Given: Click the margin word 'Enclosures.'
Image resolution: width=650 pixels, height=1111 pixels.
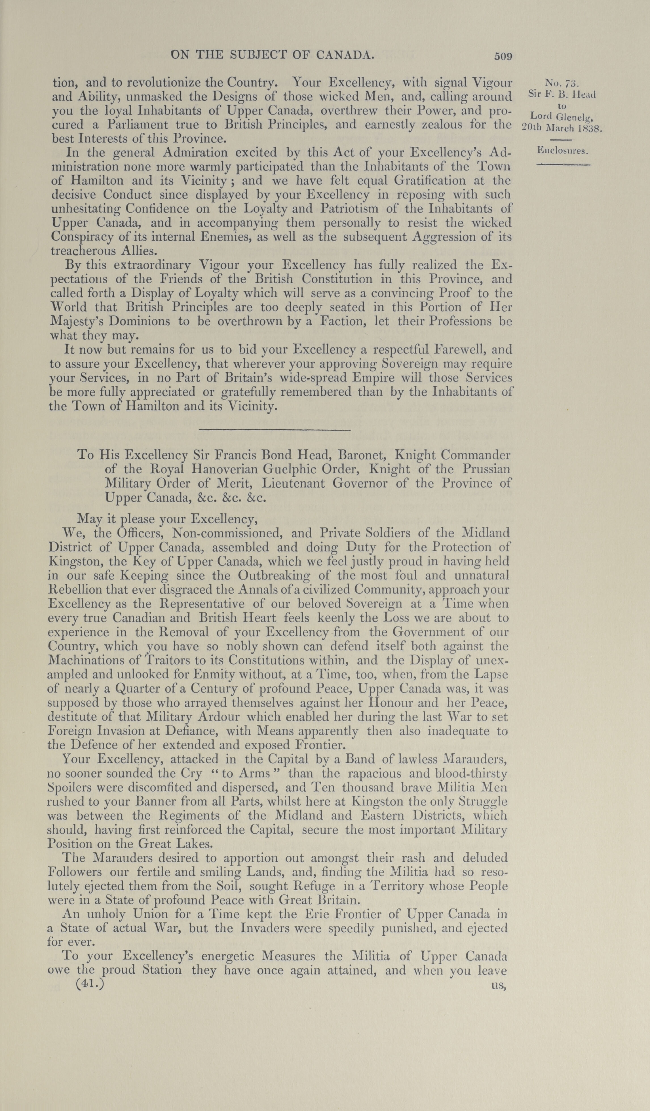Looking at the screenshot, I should tap(563, 151).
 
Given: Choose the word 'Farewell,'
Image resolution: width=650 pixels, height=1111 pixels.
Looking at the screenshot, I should tap(460, 350).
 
